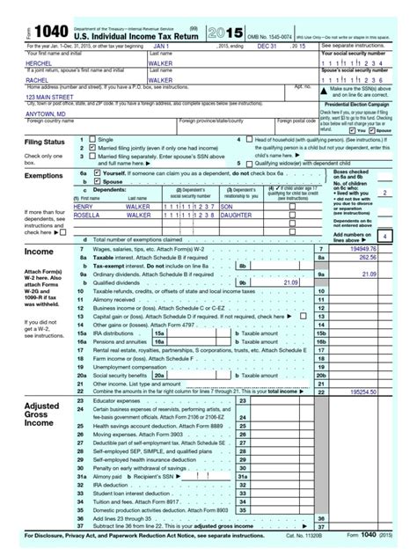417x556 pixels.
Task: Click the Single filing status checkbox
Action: coord(94,140)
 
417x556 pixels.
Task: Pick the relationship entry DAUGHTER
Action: coord(238,213)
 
